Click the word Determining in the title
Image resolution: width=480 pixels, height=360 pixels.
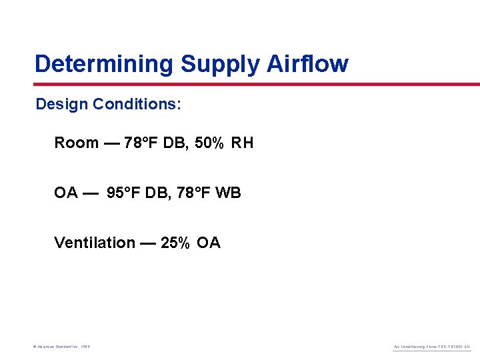[105, 64]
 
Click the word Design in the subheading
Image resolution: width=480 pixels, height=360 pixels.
[62, 105]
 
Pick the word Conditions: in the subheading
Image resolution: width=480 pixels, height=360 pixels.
[137, 105]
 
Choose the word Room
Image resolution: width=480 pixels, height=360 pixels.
[76, 143]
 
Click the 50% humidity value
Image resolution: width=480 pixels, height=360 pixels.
[210, 143]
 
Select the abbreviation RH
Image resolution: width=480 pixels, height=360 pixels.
[243, 143]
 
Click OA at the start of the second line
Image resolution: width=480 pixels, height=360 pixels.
[66, 193]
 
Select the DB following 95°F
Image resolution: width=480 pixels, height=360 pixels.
[158, 193]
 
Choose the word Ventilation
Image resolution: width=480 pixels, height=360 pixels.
[95, 243]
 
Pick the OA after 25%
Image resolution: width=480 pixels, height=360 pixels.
[209, 243]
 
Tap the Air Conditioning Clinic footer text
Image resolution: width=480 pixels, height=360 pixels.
[432, 347]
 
